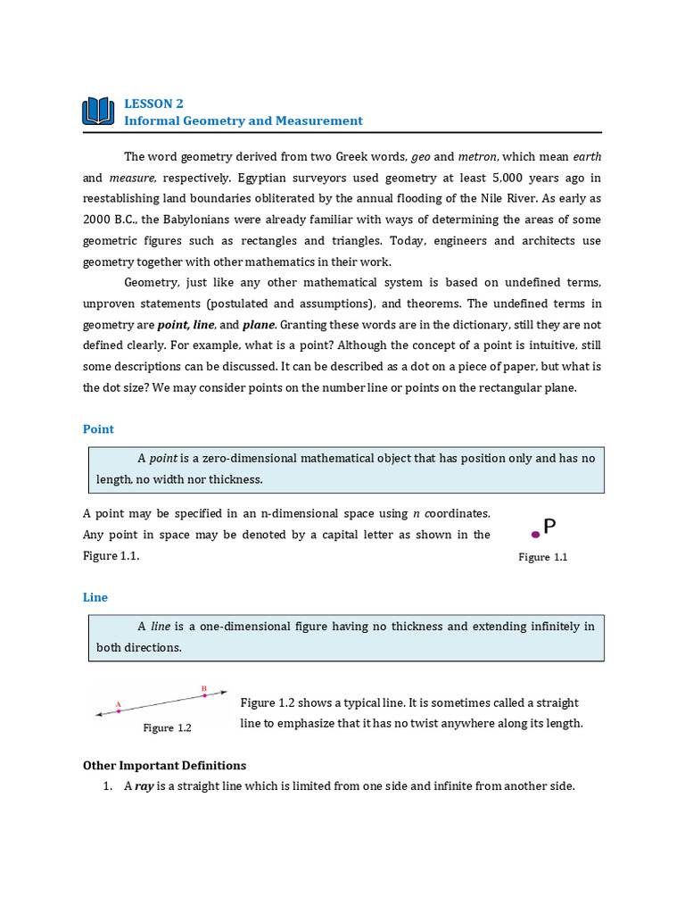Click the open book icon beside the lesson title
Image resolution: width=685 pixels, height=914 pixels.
pyautogui.click(x=98, y=112)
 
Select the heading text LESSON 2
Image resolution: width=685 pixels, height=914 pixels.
pyautogui.click(x=153, y=104)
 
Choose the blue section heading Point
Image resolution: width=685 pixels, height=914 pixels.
pyautogui.click(x=98, y=429)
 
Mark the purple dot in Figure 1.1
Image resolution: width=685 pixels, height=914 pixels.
pyautogui.click(x=535, y=535)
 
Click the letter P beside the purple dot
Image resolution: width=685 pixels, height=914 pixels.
pyautogui.click(x=549, y=528)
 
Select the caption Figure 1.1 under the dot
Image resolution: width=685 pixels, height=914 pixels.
pyautogui.click(x=542, y=557)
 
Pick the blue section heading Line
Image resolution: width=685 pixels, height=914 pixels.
pyautogui.click(x=95, y=597)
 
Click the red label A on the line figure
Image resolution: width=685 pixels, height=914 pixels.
pyautogui.click(x=118, y=703)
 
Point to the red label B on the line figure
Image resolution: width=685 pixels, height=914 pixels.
pyautogui.click(x=204, y=688)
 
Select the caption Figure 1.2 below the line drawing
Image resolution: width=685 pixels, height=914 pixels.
pyautogui.click(x=168, y=727)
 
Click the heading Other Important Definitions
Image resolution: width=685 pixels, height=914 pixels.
pyautogui.click(x=164, y=766)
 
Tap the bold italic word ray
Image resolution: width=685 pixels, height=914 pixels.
pyautogui.click(x=144, y=786)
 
